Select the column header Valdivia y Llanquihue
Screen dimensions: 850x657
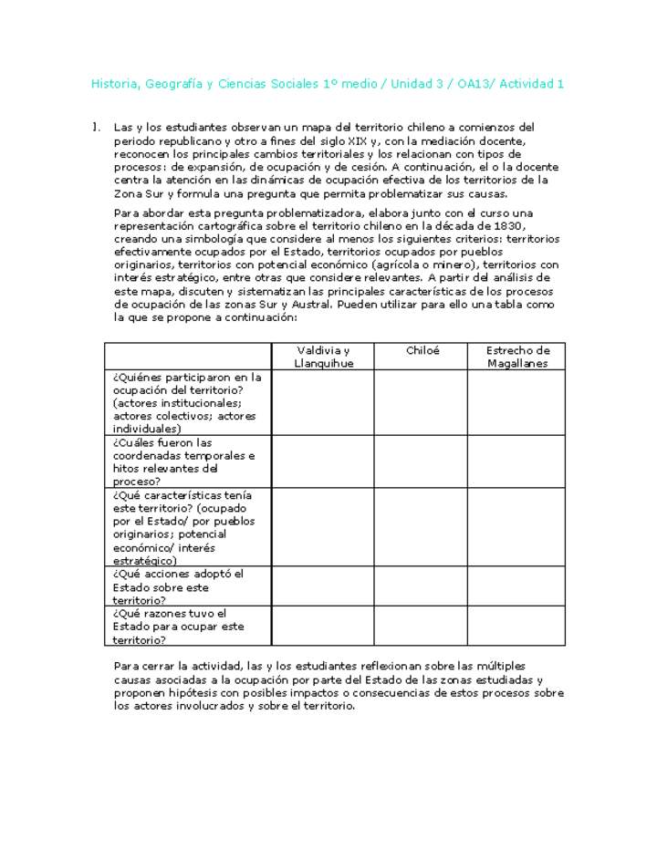click(x=322, y=357)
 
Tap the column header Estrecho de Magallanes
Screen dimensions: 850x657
click(x=517, y=357)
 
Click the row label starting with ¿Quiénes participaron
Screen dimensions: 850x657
click(x=187, y=402)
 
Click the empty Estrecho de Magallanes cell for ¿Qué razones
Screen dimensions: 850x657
click(x=517, y=626)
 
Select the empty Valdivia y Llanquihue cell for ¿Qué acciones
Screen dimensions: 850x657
click(x=322, y=586)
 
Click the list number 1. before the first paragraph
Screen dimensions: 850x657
click(x=96, y=128)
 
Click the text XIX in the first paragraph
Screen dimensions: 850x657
click(x=361, y=141)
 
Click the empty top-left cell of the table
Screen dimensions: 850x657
click(x=187, y=357)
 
